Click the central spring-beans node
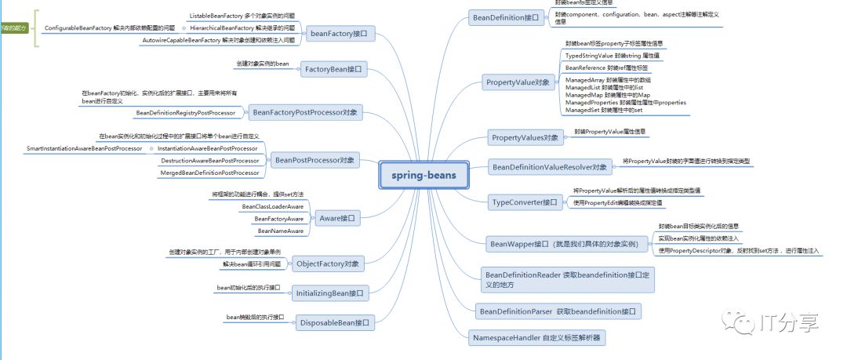(x=424, y=174)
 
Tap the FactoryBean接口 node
(x=333, y=70)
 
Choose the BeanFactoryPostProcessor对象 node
(x=305, y=112)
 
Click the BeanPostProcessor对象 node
(x=314, y=161)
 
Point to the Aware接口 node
(x=337, y=219)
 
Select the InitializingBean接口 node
(x=329, y=293)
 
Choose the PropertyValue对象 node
(x=518, y=82)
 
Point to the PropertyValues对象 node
(x=525, y=138)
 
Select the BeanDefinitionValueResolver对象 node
(x=549, y=167)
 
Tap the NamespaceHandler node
(x=538, y=338)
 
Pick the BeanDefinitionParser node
(x=558, y=311)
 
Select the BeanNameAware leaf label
(x=281, y=231)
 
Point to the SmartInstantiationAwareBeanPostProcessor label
(x=84, y=147)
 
